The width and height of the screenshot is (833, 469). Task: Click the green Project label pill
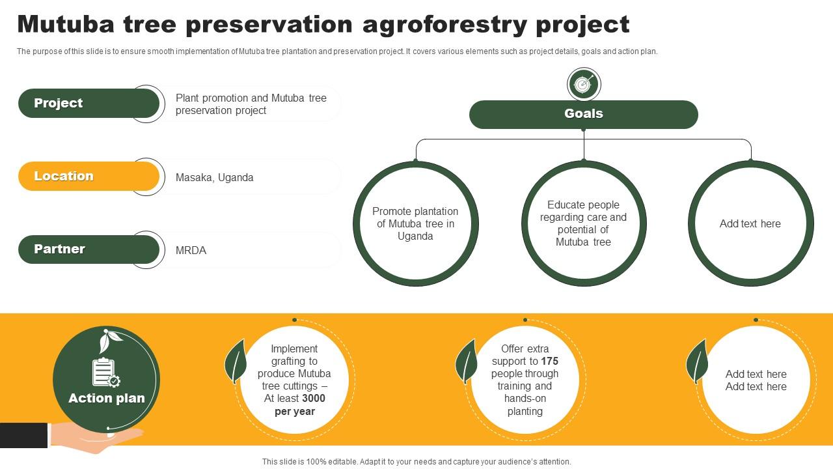(x=88, y=104)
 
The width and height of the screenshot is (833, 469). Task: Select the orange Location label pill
(x=88, y=177)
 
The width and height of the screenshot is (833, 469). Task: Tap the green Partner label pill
(x=88, y=249)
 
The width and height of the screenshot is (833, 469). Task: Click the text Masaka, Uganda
(x=214, y=178)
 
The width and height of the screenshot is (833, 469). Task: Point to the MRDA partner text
(x=191, y=251)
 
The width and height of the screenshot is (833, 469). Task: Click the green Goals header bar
(x=583, y=114)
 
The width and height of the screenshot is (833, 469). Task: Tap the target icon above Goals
(x=583, y=84)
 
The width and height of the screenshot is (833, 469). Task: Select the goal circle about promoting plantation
(x=415, y=223)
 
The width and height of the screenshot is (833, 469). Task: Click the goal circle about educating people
(x=583, y=223)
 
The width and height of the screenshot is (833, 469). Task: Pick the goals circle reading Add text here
(x=750, y=223)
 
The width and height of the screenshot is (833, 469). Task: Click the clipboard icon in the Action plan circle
(x=105, y=373)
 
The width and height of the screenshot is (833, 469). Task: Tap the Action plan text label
(x=107, y=399)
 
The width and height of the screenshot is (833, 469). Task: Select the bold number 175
(x=549, y=361)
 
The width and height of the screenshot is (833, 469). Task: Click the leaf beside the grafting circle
(x=235, y=362)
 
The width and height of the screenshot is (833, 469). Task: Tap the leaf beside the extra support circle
(x=466, y=362)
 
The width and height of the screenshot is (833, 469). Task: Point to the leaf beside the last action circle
(x=697, y=362)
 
